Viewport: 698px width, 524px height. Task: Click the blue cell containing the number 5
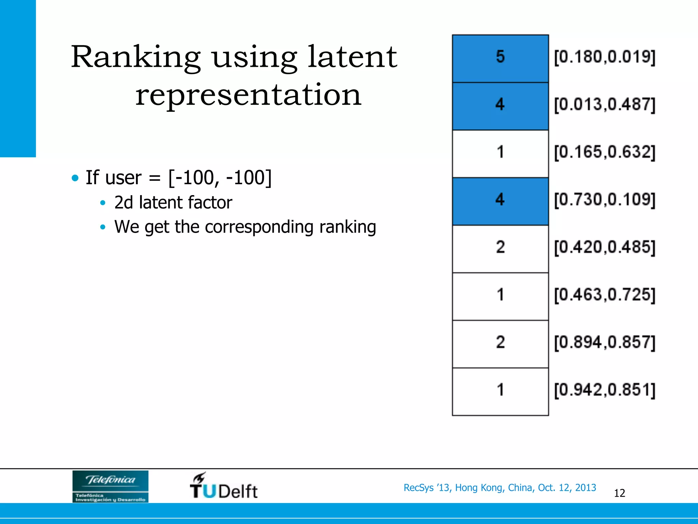500,58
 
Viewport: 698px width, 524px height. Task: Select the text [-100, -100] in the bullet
220,177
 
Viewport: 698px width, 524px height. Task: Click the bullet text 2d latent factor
173,202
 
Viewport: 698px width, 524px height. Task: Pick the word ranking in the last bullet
348,227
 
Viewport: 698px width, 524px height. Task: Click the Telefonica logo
110,486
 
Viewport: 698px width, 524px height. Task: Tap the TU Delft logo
224,486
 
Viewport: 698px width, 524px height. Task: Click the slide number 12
619,493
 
